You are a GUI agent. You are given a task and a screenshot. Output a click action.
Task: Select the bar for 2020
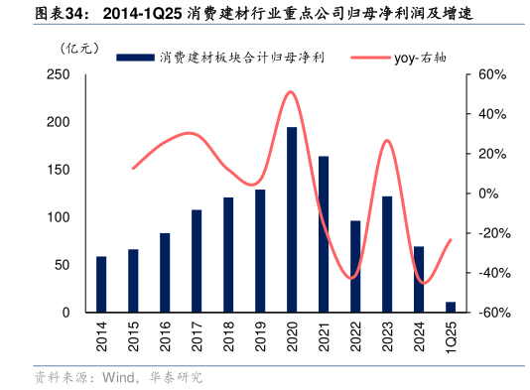pos(292,219)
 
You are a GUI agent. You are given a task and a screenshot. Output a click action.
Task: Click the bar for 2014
pos(101,284)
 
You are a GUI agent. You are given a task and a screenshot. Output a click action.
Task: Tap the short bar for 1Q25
pos(451,307)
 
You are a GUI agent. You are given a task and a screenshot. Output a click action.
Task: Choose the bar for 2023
pos(387,254)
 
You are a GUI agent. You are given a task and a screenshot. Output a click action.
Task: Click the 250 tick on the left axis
pos(58,74)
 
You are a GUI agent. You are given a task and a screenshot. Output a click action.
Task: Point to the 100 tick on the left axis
pos(58,217)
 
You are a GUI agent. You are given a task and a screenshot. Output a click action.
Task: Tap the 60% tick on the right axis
pos(492,74)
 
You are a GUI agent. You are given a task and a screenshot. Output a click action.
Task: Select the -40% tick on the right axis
pos(492,273)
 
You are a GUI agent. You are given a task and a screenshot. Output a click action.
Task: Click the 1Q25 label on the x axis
pos(451,337)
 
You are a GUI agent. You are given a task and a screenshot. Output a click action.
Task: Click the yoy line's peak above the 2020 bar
pos(290,92)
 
